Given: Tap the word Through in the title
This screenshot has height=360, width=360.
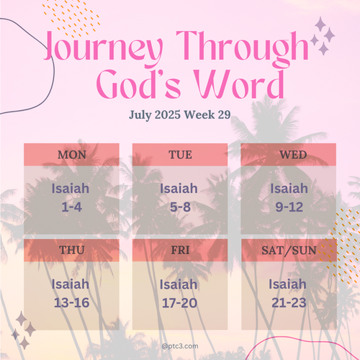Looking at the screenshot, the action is pos(243,48).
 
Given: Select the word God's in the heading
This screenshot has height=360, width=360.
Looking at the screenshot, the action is pos(138,84).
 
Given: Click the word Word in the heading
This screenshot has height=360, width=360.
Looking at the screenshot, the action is pos(239,84).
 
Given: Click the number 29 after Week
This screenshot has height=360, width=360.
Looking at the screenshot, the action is pos(224,114).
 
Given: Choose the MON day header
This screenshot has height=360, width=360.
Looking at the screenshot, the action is pos(72,155).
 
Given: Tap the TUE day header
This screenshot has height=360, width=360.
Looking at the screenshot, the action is pos(180,155).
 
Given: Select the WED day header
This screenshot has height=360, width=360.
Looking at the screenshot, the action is pos(293,155).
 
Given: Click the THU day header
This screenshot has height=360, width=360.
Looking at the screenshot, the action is pos(72,251).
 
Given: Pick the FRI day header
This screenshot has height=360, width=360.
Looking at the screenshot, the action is pos(180,251).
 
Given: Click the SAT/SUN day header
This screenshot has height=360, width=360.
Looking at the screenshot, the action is pos(289,251).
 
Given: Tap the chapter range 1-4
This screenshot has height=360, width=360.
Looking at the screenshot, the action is pos(72,207).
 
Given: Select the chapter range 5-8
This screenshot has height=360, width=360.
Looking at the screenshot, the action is pos(180,207).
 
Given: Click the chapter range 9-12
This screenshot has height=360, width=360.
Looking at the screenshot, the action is pos(289,207).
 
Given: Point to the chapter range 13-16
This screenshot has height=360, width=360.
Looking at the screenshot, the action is pos(72,302).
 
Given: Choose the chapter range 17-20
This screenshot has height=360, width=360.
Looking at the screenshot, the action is pos(180,303).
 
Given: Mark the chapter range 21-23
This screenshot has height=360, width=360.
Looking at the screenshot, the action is pos(289,302).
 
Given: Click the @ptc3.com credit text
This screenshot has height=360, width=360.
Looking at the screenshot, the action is pos(180,346).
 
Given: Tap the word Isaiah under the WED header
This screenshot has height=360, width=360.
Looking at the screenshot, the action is pos(289,188).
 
